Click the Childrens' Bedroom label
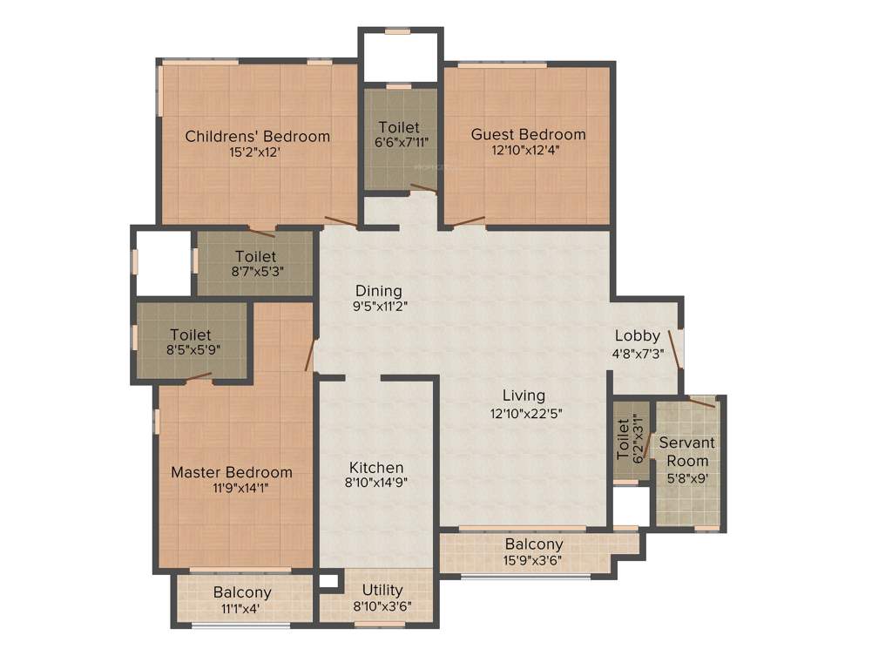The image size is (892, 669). tap(257, 136)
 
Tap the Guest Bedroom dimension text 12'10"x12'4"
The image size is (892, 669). tap(528, 150)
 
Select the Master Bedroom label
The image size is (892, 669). tap(231, 472)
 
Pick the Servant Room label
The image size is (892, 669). tap(687, 451)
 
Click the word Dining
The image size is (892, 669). tap(378, 290)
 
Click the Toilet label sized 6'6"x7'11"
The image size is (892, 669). tap(398, 127)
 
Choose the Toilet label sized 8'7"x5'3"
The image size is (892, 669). tap(255, 257)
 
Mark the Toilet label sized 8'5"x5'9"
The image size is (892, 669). tap(191, 334)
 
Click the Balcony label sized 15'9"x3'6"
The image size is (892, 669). tap(534, 544)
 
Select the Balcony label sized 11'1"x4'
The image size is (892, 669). tap(242, 593)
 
